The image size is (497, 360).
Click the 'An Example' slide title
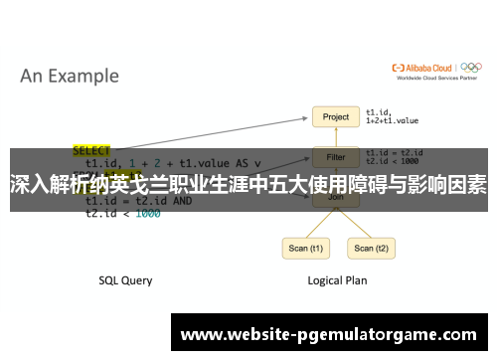click(x=70, y=76)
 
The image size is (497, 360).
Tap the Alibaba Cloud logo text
click(x=426, y=68)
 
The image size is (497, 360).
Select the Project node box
click(x=336, y=116)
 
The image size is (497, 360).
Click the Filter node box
click(x=336, y=156)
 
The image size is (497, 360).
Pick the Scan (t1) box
click(x=304, y=248)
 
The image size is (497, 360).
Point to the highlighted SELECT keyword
click(x=92, y=151)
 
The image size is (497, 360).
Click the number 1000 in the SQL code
click(x=147, y=213)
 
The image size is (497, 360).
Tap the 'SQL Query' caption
click(x=125, y=280)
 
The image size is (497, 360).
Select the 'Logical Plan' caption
click(x=336, y=280)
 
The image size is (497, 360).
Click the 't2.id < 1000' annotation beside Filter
click(x=394, y=161)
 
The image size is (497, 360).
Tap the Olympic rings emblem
click(x=474, y=68)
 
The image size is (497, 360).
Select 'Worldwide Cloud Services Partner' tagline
click(x=434, y=78)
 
